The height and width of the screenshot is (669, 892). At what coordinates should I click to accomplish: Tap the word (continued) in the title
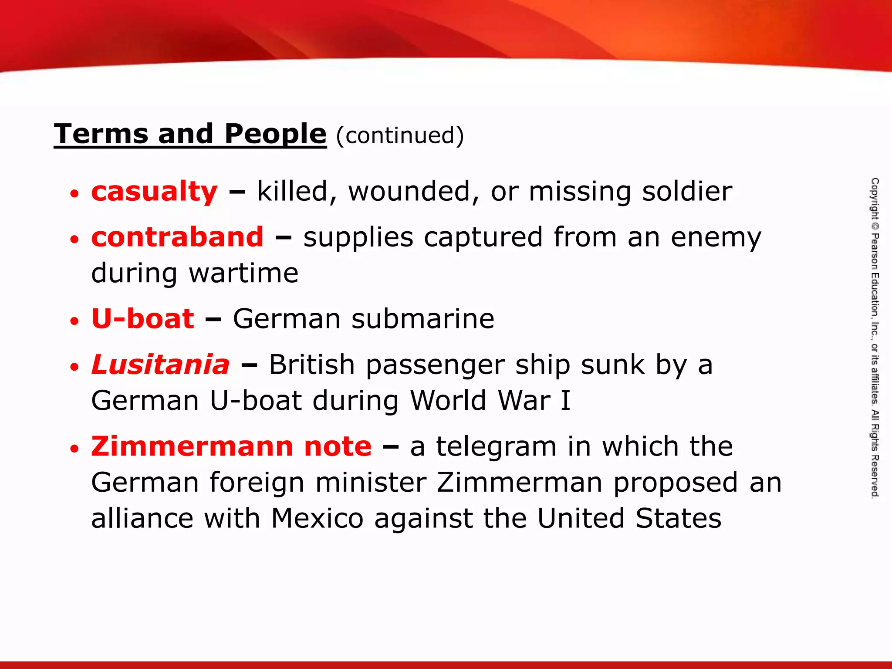tap(400, 135)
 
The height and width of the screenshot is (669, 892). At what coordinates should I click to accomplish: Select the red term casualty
tap(154, 192)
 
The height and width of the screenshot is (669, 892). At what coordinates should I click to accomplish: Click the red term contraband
tap(177, 237)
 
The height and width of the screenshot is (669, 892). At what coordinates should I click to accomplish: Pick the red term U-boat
tap(142, 318)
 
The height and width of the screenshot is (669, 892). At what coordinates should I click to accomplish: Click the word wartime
tap(244, 274)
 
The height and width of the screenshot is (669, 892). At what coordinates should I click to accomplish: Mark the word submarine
tap(423, 318)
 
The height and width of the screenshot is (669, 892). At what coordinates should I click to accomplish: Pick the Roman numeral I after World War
tap(565, 400)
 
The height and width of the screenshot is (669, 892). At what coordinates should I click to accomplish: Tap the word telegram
tap(497, 447)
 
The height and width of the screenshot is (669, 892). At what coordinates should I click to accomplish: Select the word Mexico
tap(317, 518)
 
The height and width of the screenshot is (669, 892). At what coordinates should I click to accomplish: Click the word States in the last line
tap(678, 518)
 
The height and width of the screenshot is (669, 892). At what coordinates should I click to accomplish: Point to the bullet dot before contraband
tap(75, 239)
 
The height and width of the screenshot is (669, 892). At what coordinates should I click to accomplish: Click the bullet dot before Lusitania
tap(75, 366)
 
